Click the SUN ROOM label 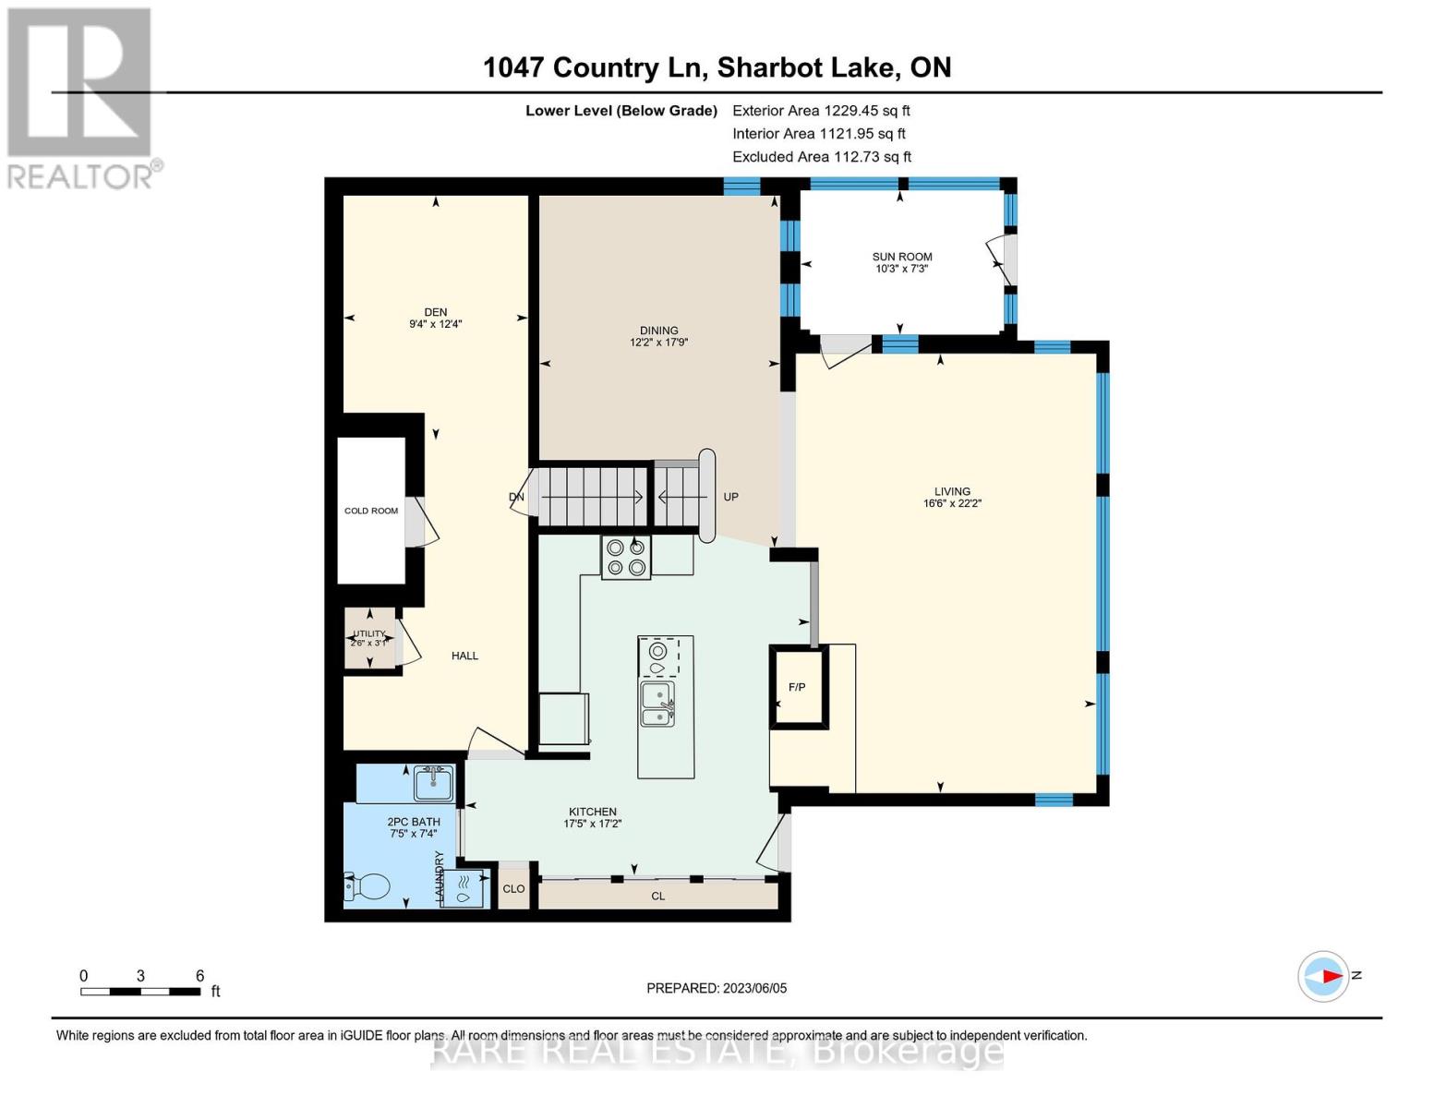901,257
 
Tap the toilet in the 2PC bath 368,886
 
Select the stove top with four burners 625,558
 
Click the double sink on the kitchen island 657,705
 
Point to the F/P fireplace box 797,687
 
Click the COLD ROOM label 371,511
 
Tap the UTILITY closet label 369,634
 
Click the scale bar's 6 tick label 199,976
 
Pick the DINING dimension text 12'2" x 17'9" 658,343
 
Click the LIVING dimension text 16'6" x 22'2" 952,504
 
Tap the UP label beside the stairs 730,497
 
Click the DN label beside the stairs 516,497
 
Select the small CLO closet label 513,889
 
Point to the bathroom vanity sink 433,784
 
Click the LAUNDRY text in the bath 440,876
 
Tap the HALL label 464,656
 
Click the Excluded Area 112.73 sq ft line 821,157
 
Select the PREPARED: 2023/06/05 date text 717,988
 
